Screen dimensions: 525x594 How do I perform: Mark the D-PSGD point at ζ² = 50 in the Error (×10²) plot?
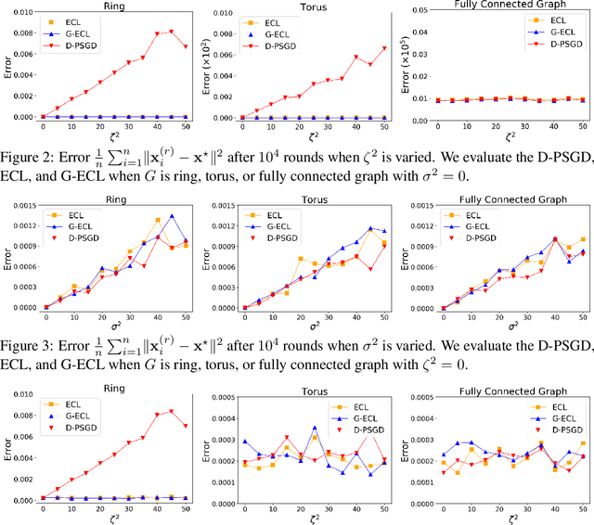tap(384, 48)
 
